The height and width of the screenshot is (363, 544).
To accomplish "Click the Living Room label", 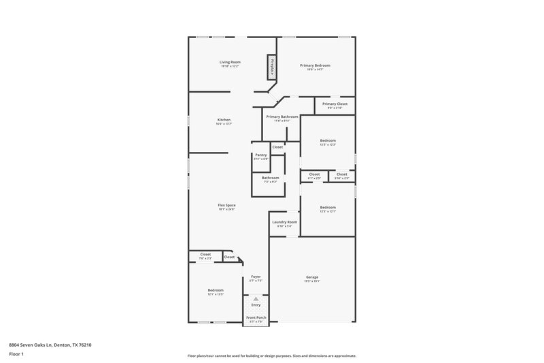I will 230,62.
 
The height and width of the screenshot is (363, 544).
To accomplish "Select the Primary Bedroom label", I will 319,65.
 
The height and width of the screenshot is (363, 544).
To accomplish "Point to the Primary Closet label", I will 335,104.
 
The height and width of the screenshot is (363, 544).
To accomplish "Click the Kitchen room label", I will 224,120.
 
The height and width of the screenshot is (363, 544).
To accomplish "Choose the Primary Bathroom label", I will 282,117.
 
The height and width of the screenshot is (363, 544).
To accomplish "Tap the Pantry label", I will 260,155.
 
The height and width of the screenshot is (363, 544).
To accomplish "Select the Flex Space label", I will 226,205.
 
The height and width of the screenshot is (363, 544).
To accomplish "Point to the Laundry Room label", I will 284,222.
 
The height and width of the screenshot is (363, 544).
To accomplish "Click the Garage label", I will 312,277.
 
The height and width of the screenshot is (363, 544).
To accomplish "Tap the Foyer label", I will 256,277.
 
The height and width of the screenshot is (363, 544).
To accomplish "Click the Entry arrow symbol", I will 256,299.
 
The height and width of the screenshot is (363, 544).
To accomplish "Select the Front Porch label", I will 256,317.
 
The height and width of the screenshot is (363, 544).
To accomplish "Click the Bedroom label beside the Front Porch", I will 216,290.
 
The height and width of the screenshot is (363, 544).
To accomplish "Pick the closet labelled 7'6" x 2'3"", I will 205,255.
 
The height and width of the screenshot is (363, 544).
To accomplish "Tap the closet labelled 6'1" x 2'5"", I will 314,174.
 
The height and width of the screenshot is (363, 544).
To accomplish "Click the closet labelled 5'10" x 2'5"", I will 341,174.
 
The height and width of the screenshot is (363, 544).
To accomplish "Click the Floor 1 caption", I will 16,354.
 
